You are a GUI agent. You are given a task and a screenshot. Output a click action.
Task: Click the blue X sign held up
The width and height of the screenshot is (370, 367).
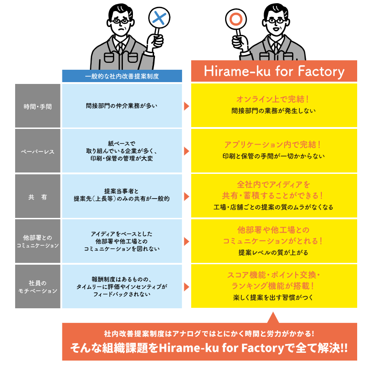tap(159, 19)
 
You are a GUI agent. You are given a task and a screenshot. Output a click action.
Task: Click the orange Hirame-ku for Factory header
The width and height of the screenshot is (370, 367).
tap(274, 72)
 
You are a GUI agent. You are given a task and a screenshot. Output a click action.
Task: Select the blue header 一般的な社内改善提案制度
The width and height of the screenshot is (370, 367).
tap(122, 76)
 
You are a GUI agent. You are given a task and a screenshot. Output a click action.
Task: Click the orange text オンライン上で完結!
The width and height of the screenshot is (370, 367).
tap(274, 99)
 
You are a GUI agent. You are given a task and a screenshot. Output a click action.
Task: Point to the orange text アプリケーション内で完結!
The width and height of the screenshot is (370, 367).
tap(274, 145)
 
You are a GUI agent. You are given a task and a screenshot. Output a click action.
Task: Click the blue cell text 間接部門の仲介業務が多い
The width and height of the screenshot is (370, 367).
tap(121, 106)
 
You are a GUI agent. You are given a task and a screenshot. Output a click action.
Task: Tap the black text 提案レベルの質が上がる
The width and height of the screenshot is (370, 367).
tap(274, 252)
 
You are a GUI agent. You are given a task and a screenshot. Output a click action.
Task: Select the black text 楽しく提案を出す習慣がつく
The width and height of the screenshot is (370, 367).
tap(274, 297)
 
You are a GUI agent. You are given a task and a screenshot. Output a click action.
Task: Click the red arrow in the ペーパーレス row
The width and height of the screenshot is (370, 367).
tap(186, 151)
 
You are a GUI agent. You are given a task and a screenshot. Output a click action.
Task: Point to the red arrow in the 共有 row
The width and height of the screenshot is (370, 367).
tap(186, 196)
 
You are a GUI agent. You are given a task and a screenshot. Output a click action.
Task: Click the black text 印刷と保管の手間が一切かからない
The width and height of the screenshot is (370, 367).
tap(274, 156)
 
